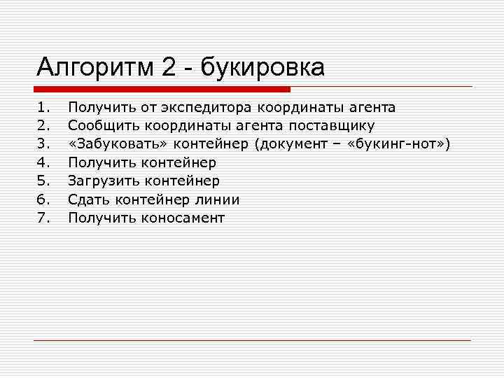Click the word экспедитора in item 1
pos(207,108)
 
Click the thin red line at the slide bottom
pos(252,341)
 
